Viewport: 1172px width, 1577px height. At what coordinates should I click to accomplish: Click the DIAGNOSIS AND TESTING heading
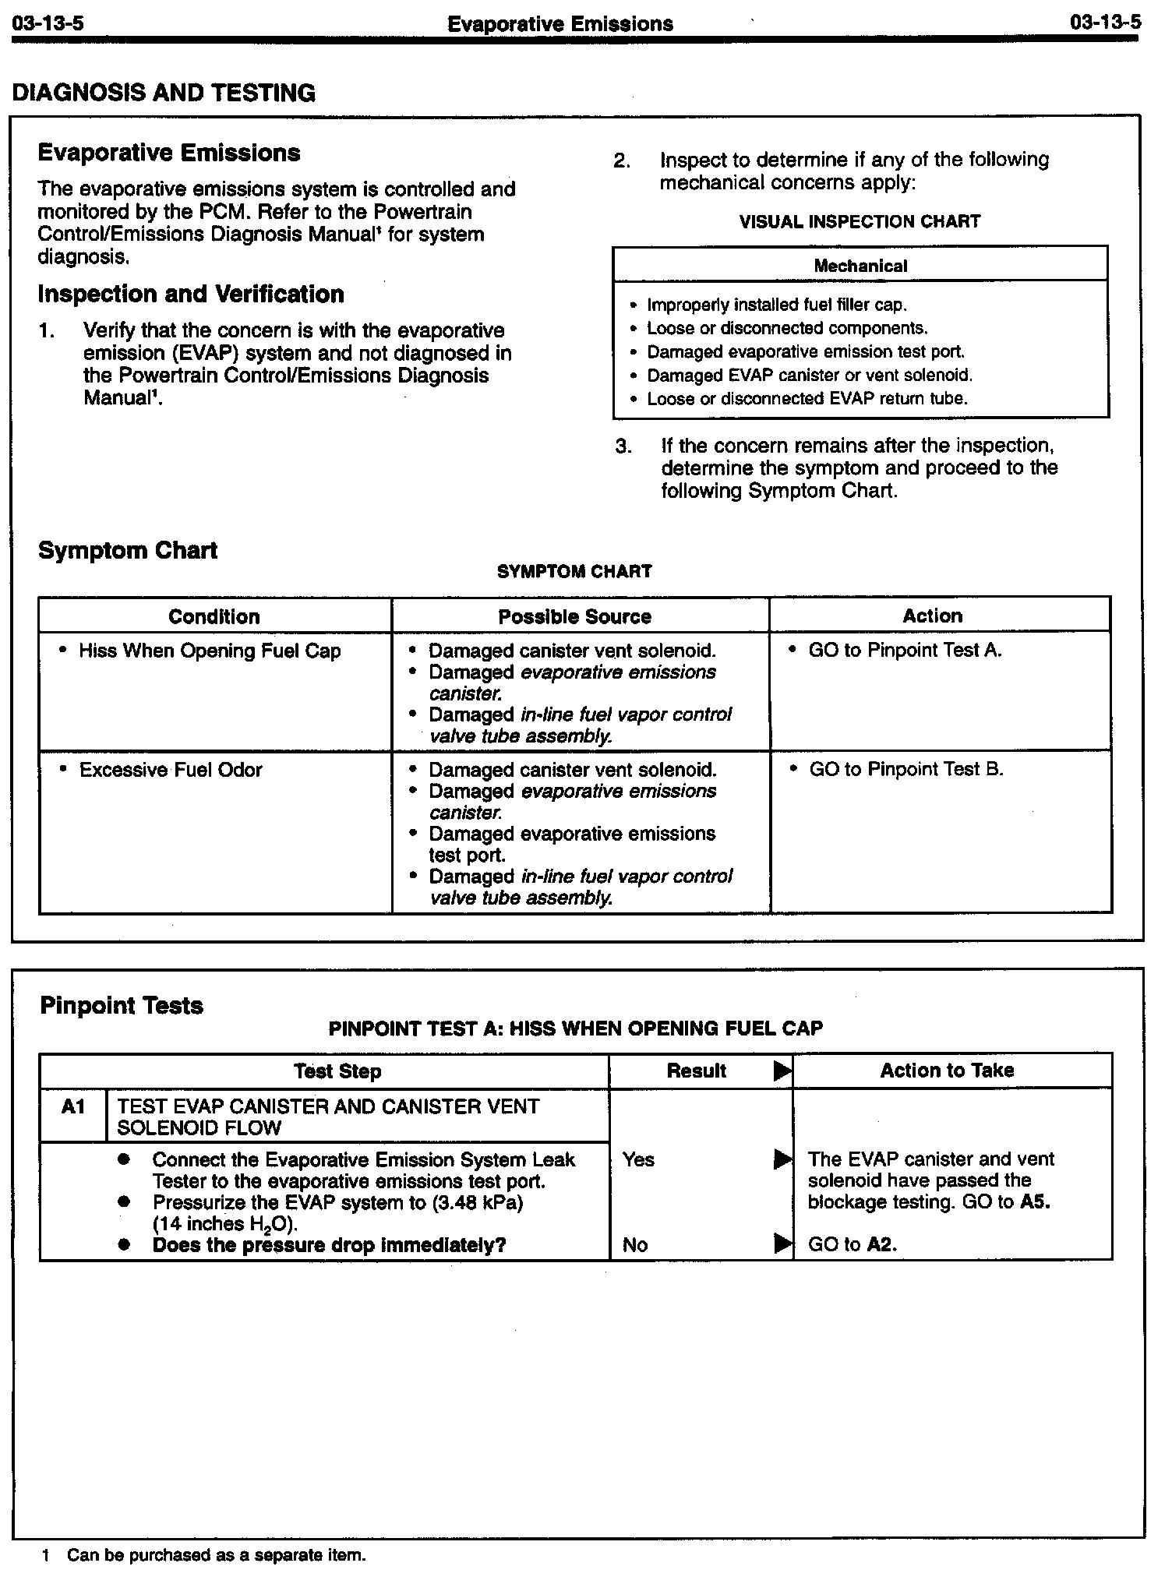tap(164, 93)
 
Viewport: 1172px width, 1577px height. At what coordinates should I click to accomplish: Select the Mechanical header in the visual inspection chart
tap(860, 266)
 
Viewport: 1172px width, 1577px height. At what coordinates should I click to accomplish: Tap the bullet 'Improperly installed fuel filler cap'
tap(777, 305)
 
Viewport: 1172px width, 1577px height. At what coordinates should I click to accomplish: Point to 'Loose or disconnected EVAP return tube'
tap(807, 399)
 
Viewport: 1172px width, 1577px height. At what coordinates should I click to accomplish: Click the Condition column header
tap(214, 616)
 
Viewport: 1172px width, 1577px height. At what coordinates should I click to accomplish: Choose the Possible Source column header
tap(575, 616)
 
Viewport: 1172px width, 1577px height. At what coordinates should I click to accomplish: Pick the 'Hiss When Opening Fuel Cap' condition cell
tap(210, 651)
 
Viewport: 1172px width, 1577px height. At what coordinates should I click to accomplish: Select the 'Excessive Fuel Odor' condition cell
tap(171, 770)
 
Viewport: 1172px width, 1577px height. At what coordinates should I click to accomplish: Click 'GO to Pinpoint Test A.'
tap(905, 651)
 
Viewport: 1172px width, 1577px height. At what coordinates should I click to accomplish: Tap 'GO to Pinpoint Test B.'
tap(906, 770)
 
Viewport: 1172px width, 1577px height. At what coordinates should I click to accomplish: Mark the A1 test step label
tap(72, 1106)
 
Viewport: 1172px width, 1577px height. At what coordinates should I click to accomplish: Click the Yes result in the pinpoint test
tap(638, 1159)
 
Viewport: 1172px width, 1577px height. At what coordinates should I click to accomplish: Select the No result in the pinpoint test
tap(635, 1245)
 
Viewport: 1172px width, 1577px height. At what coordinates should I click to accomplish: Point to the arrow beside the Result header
tap(782, 1071)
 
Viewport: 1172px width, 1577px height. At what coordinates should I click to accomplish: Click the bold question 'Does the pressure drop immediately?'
tap(329, 1245)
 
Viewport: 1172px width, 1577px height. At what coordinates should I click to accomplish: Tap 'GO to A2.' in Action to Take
tap(853, 1245)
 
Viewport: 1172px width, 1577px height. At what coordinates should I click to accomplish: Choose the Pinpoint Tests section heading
tap(122, 1006)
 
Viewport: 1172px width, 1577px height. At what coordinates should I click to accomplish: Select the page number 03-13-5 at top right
tap(1105, 22)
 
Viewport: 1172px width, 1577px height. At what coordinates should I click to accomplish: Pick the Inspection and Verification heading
tap(191, 295)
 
